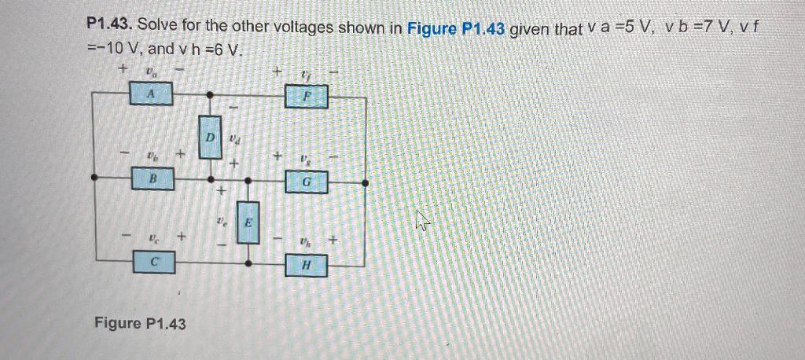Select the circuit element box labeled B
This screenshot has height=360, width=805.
click(153, 180)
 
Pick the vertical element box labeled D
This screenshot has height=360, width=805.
click(210, 137)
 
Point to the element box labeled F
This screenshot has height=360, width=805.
click(306, 98)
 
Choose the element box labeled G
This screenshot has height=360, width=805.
click(306, 183)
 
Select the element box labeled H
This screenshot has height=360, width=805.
click(306, 266)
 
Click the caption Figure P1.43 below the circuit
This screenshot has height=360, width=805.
click(140, 323)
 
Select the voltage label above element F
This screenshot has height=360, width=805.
click(306, 75)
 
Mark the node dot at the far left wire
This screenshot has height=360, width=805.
click(94, 178)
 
